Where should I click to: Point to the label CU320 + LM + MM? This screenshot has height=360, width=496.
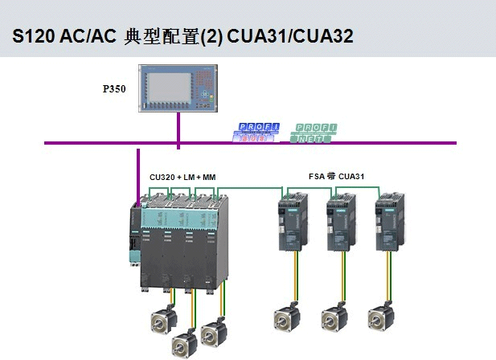[182, 177]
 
